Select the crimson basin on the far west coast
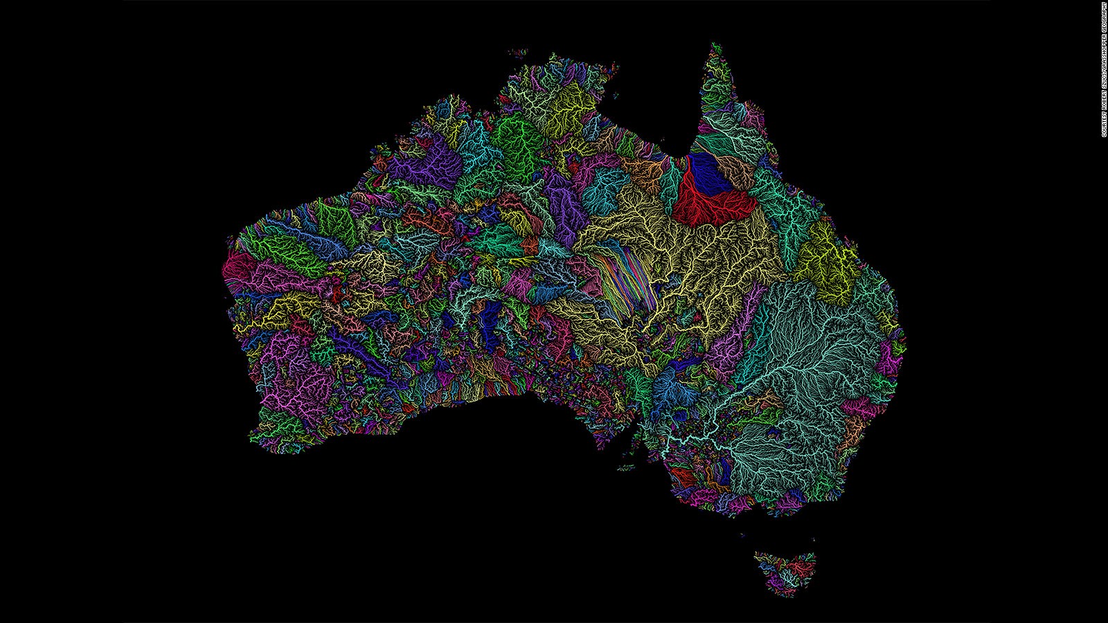tap(239, 267)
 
